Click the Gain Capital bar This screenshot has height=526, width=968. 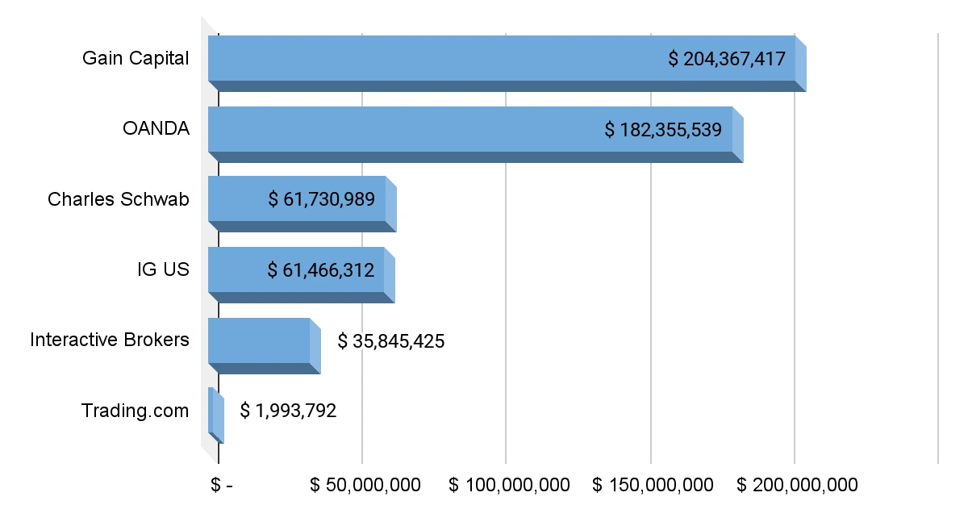pyautogui.click(x=436, y=59)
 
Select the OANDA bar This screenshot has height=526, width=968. pyautogui.click(x=403, y=130)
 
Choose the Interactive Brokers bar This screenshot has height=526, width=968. pyautogui.click(x=258, y=341)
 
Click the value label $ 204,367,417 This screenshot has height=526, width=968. pyautogui.click(x=727, y=59)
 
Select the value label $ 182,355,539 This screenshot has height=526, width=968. pyautogui.click(x=663, y=130)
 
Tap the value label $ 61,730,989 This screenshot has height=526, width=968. pyautogui.click(x=321, y=199)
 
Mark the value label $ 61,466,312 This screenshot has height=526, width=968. pyautogui.click(x=320, y=270)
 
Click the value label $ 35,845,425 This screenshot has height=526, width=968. pyautogui.click(x=391, y=341)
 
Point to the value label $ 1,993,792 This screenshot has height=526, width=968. pyautogui.click(x=288, y=411)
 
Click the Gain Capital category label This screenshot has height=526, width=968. pyautogui.click(x=136, y=59)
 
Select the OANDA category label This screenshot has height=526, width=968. pyautogui.click(x=156, y=129)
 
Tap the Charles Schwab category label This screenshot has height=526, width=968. pyautogui.click(x=119, y=199)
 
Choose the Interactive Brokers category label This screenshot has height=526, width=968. pyautogui.click(x=110, y=340)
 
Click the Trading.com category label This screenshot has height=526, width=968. pyautogui.click(x=135, y=411)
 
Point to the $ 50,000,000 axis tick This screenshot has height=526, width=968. pyautogui.click(x=365, y=485)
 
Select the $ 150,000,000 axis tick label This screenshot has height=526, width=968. pyautogui.click(x=653, y=485)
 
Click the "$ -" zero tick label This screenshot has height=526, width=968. pyautogui.click(x=221, y=485)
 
